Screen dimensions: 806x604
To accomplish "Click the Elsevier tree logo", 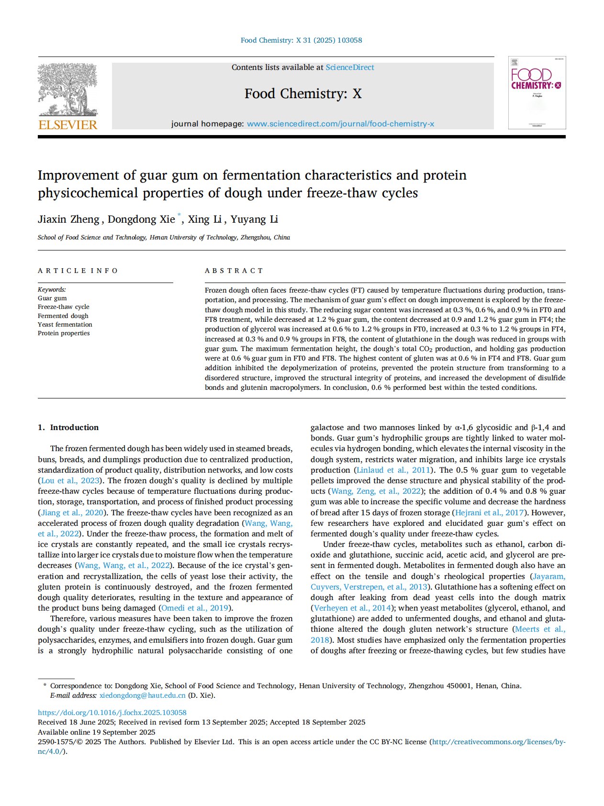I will pos(67,90).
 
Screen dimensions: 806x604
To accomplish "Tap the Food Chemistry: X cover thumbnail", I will pos(537,92).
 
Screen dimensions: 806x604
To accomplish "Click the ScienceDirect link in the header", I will pos(350,68).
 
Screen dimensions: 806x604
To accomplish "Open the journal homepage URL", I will pos(340,124).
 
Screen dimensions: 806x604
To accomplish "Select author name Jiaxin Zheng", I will pos(68,219).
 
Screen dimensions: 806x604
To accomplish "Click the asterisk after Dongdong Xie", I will pos(179,216).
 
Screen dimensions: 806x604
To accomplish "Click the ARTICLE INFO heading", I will pos(78,271).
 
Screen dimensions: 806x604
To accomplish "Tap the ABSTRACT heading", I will pos(234,271).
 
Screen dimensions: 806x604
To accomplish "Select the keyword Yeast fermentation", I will pos(65,324).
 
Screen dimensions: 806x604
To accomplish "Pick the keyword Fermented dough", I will pos(63,316).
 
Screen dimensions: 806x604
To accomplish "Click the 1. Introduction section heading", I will pos(68,427).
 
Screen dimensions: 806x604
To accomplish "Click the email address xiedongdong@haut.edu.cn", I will pos(142,695).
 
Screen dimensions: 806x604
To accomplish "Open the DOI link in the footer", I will pos(112,713).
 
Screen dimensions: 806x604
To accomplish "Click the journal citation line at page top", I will pos(301,40).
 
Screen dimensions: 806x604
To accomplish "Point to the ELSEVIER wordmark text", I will pos(67,125).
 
